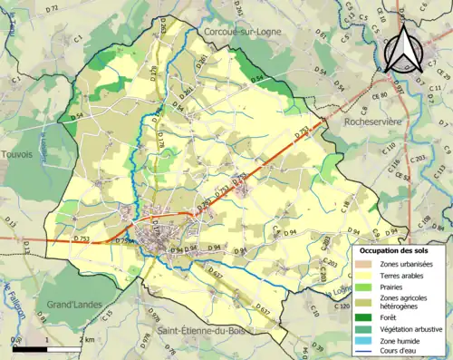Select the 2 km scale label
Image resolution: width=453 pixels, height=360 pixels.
84,340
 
